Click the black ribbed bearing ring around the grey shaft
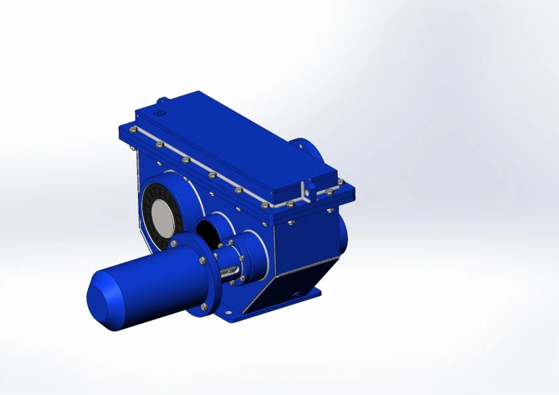pyautogui.click(x=149, y=211)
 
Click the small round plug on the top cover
pyautogui.click(x=160, y=114)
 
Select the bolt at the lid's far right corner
pyautogui.click(x=340, y=182)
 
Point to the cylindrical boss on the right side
pyautogui.click(x=343, y=233)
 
